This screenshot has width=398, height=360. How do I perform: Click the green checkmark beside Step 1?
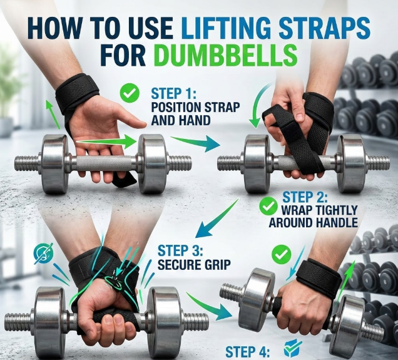130,93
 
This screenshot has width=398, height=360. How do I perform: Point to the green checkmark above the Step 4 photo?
281,254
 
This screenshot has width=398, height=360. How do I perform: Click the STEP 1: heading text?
173,93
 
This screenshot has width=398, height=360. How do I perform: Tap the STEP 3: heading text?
180,250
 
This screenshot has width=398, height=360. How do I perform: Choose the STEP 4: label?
248,352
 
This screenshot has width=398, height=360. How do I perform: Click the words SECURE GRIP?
194,265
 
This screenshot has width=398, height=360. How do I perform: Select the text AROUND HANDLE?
314,222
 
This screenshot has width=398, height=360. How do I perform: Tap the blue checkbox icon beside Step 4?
293,348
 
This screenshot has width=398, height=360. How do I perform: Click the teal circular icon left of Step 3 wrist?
44,253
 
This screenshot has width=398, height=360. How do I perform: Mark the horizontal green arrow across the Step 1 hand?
106,142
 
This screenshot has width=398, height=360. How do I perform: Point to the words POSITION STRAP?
195,107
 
